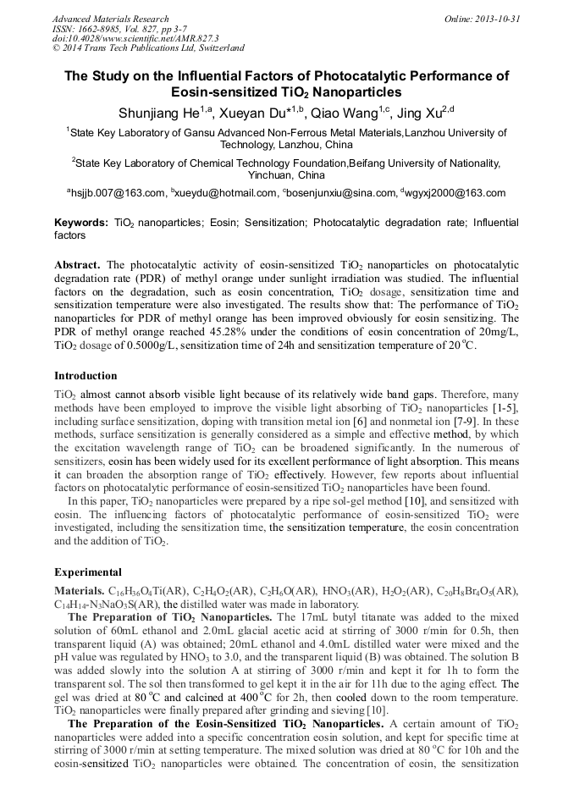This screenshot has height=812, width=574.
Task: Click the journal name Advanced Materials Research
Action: tap(110, 19)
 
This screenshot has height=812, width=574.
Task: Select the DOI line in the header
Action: tap(135, 39)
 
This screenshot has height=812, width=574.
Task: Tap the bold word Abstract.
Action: tap(77, 265)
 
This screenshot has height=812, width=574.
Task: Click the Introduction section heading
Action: tap(86, 375)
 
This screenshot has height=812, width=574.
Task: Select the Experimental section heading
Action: tap(88, 572)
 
